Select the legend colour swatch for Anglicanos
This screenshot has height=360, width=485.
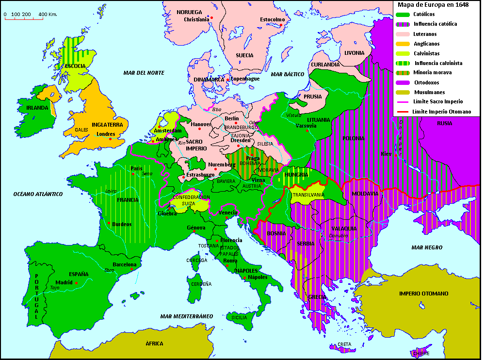click(x=403, y=44)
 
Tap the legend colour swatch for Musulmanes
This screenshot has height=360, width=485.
click(x=403, y=92)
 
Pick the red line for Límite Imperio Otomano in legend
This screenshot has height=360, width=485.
click(x=403, y=112)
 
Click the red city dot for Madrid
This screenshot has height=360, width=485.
click(x=77, y=282)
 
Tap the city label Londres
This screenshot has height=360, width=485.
click(x=106, y=134)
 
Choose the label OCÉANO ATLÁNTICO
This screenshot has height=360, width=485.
click(x=38, y=194)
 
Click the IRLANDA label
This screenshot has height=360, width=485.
click(x=38, y=108)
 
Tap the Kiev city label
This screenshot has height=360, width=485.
click(x=386, y=154)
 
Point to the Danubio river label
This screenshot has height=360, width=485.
click(x=339, y=236)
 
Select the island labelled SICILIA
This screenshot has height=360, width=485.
click(x=239, y=317)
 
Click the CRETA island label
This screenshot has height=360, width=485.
click(x=344, y=344)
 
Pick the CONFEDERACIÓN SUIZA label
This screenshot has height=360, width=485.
click(x=191, y=200)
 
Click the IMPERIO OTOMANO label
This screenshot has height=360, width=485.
click(x=423, y=294)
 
